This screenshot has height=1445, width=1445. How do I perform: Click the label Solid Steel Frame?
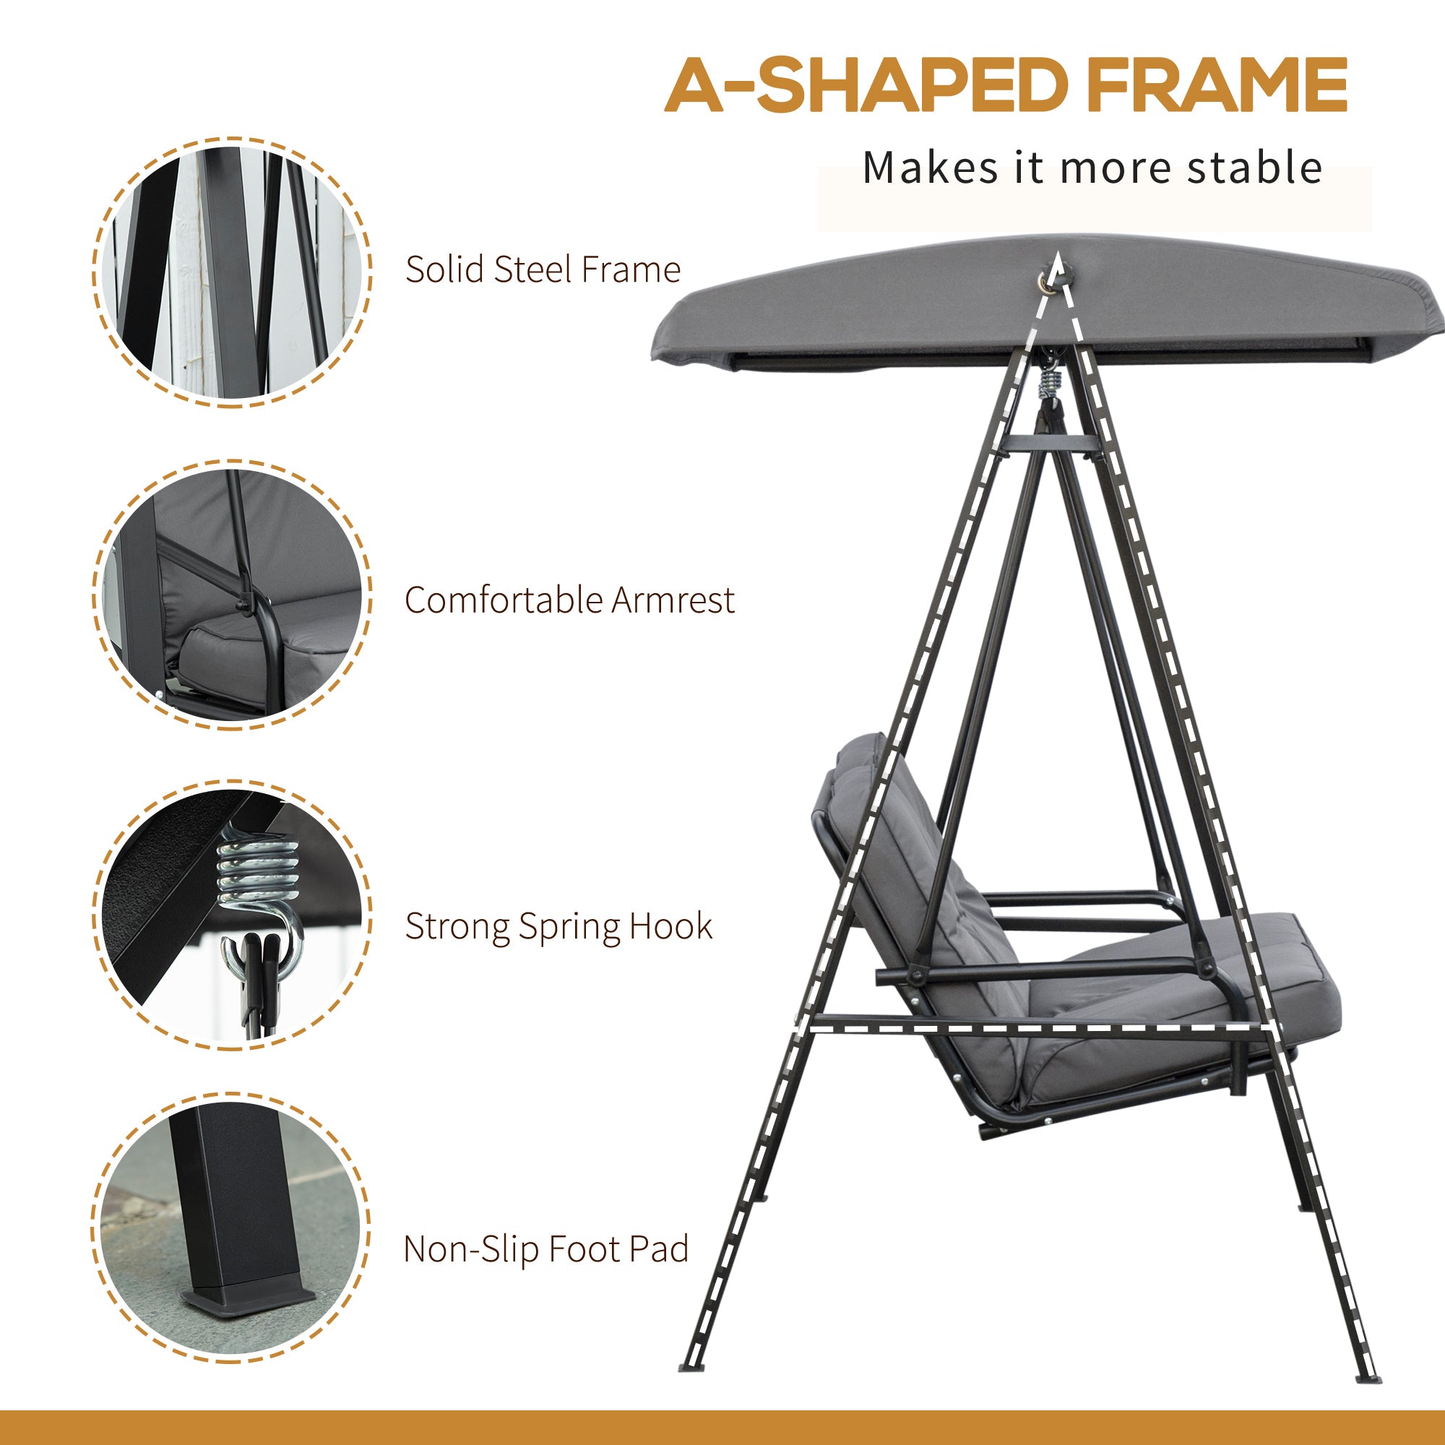coord(543,270)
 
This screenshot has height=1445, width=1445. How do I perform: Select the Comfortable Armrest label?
coord(569,600)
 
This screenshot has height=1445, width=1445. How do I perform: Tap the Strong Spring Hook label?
coord(558,926)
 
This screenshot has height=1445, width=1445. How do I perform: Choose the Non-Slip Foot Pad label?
coord(545,1249)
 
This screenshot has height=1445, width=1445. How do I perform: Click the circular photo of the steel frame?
coord(232,273)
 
